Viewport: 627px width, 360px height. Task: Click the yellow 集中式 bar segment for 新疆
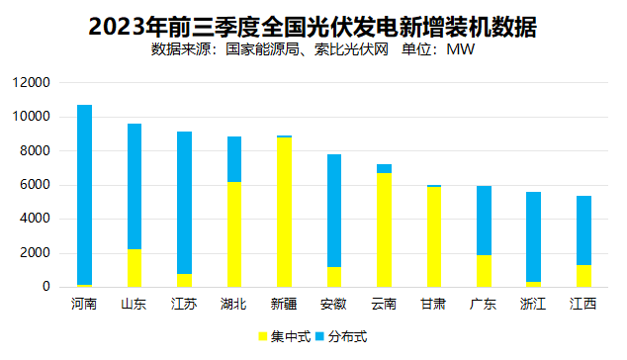pos(284,213)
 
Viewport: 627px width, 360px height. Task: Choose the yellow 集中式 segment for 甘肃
pos(434,237)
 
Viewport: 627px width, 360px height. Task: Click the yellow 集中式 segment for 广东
pos(484,271)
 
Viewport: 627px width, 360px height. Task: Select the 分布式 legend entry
pos(340,336)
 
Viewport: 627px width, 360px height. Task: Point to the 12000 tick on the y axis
pos(34,83)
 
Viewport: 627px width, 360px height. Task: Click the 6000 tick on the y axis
pos(37,185)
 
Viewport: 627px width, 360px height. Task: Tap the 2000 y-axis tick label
pos(37,253)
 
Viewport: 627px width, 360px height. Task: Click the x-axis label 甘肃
pos(434,304)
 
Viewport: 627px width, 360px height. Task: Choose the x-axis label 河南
pos(84,304)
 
